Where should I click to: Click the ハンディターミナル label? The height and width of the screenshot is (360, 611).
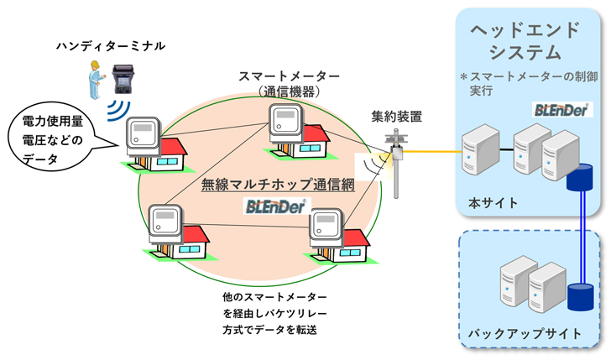[x=105, y=44]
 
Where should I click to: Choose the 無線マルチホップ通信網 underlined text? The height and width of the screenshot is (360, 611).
[x=277, y=184]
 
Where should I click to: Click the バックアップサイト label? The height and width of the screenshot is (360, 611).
[x=526, y=333]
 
